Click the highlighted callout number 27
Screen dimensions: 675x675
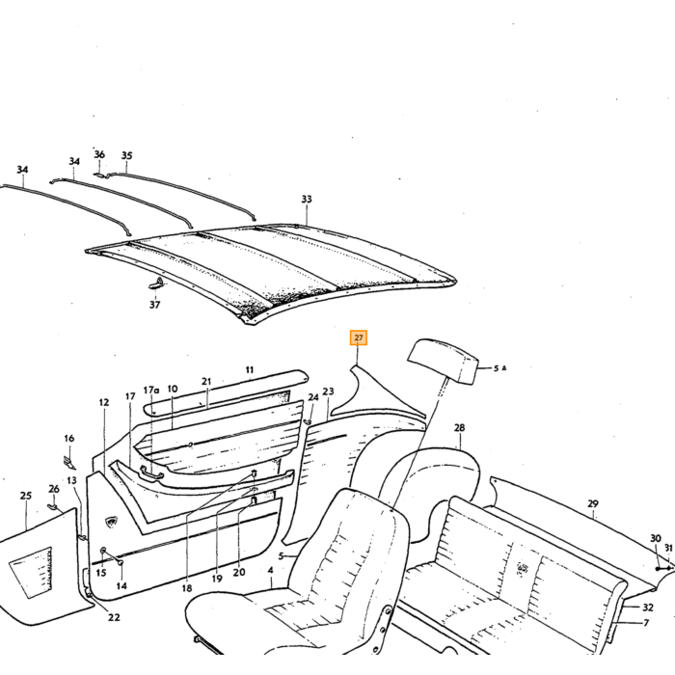358,337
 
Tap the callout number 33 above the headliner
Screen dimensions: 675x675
306,200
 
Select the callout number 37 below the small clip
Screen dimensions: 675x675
154,305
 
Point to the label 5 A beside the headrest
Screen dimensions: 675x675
499,368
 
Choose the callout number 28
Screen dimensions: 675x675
459,427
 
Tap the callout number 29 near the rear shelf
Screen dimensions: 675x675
593,503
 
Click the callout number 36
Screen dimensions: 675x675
99,154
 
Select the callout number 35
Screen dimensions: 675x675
126,155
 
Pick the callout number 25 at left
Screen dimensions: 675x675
26,496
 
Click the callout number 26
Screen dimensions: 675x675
54,489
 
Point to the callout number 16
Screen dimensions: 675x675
68,438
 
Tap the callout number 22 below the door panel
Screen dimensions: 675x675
114,617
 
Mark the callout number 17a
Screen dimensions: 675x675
151,391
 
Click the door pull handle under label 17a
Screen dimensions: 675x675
151,471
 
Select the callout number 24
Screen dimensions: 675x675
313,397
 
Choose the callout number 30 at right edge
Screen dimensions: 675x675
655,538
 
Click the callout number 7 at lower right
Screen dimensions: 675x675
646,623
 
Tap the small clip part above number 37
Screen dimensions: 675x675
156,283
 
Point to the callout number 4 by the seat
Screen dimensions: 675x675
270,571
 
